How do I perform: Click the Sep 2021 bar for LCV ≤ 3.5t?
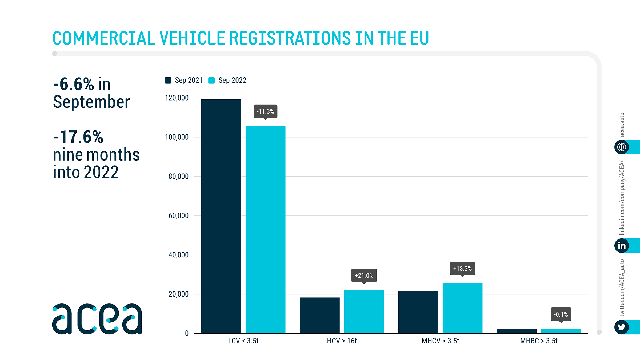tap(221, 216)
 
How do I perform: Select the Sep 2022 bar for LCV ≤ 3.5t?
tap(265, 229)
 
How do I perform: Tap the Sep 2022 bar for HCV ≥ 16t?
tap(364, 311)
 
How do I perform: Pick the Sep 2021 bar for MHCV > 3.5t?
tap(418, 312)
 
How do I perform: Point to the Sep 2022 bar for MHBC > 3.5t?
tap(561, 331)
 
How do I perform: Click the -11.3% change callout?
tap(265, 111)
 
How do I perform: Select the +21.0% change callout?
tap(364, 275)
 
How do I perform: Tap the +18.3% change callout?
tap(462, 269)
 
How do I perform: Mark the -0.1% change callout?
tap(561, 314)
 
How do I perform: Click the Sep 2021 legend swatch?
tap(168, 80)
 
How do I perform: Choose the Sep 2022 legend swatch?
tap(211, 80)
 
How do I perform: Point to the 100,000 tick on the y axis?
tap(177, 137)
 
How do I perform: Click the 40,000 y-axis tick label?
tap(178, 255)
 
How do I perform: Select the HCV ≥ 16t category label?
tap(342, 341)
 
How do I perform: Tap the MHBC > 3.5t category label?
tap(539, 341)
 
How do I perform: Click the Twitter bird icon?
tap(621, 327)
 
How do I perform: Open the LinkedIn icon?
tap(621, 245)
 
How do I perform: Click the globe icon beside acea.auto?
tap(621, 147)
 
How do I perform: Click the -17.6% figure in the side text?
tap(78, 137)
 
